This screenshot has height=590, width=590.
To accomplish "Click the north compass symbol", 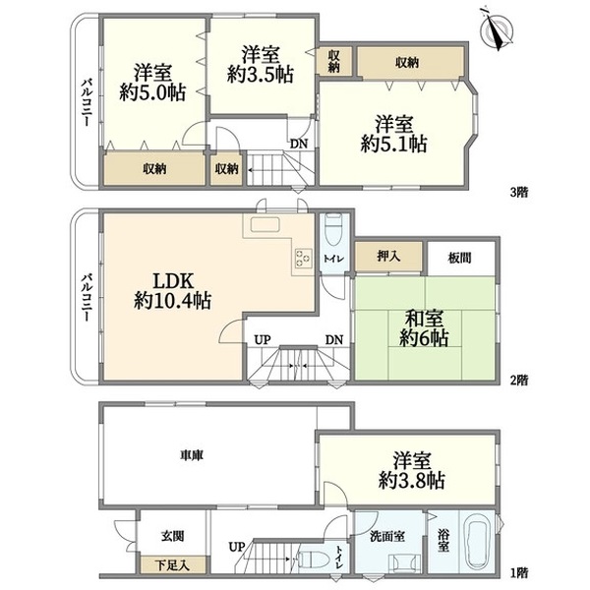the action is click(497, 29).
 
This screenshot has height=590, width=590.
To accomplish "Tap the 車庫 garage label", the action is click(192, 455).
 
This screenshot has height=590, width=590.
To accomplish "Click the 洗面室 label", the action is click(387, 536).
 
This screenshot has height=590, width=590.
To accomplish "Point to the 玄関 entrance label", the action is click(173, 535).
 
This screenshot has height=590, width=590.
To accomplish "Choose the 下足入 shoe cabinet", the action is click(173, 564).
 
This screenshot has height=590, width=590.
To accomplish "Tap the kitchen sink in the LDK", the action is click(265, 225).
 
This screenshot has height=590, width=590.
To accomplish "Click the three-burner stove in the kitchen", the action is click(303, 258).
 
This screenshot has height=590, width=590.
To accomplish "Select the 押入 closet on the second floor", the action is click(388, 257).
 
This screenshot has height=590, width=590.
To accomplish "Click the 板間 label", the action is click(459, 258).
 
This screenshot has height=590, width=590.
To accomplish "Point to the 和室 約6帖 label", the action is click(424, 328).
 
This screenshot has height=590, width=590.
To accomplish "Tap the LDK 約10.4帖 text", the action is click(173, 290).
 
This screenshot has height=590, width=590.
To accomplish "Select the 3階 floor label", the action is click(519, 193).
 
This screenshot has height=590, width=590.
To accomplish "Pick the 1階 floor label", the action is click(519, 573).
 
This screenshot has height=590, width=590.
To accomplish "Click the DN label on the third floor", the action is click(299, 144).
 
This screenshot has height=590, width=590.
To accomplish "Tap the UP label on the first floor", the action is click(237, 547).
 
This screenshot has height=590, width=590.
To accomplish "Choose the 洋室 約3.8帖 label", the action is click(412, 471).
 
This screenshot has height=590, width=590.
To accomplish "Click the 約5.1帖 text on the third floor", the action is click(394, 144).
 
